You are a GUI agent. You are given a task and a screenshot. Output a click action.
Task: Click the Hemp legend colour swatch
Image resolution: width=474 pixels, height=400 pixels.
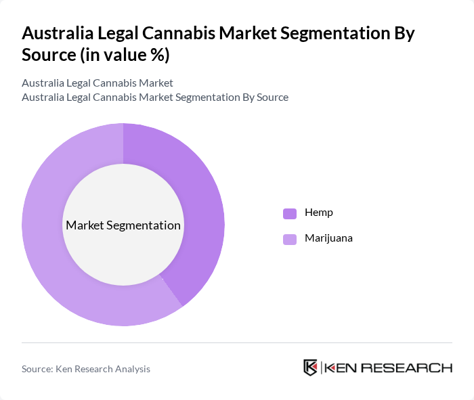(290, 213)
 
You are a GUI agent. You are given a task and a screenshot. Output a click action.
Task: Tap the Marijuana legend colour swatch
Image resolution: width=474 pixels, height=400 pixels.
(290, 239)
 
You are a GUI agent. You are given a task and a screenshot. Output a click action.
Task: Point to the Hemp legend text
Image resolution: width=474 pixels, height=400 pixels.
(318, 213)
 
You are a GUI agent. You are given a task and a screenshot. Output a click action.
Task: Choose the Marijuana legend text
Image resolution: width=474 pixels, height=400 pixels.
(328, 238)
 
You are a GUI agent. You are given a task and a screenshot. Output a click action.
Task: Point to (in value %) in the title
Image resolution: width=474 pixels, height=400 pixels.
(125, 55)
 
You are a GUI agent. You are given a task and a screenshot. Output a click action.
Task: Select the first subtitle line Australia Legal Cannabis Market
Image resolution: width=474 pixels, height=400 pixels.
(98, 83)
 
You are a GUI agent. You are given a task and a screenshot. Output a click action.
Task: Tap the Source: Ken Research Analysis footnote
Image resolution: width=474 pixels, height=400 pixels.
(86, 369)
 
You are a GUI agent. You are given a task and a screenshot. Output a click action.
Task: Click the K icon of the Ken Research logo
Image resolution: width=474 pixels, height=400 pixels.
(311, 368)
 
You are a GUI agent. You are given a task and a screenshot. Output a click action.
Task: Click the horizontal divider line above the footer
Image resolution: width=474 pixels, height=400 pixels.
(237, 342)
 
